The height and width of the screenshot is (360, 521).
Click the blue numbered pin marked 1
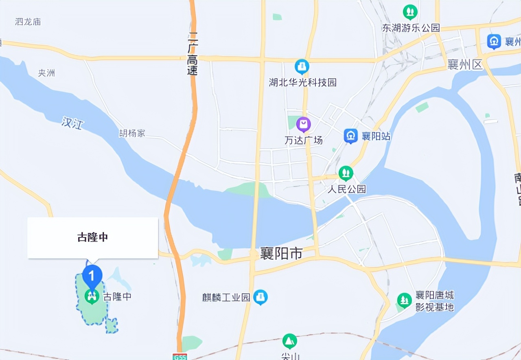tap(92, 276)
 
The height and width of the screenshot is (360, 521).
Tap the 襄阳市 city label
tap(282, 254)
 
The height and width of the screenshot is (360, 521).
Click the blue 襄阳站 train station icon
tap(350, 136)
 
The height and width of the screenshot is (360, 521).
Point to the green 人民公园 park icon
tap(346, 173)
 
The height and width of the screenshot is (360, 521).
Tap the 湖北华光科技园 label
tap(303, 83)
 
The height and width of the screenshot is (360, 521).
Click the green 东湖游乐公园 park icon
tap(410, 12)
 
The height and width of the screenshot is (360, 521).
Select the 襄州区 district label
tap(464, 64)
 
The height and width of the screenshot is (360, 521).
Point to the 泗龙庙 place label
tap(28, 22)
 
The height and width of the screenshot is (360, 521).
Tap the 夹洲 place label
tap(46, 73)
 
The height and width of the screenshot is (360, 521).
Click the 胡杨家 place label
tap(132, 133)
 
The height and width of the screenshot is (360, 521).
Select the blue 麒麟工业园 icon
tap(260, 297)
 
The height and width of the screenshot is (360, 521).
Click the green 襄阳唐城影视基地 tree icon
tap(404, 301)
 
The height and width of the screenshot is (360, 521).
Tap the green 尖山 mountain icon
tap(289, 341)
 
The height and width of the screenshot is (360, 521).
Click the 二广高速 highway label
tap(192, 55)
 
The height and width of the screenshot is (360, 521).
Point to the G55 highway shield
tap(180, 356)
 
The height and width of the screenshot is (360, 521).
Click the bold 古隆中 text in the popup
tap(93, 237)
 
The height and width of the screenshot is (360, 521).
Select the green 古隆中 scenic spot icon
tap(92, 296)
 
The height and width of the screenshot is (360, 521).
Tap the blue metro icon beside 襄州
tap(494, 41)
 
